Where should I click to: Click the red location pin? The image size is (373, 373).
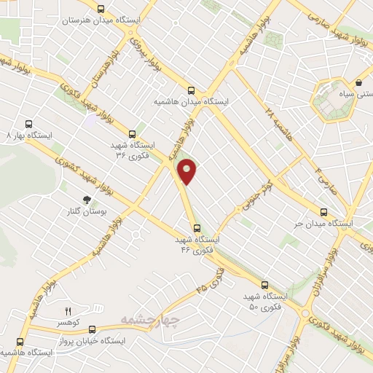click(x=187, y=170)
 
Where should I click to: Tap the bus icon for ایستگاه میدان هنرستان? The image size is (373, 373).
click(x=100, y=9)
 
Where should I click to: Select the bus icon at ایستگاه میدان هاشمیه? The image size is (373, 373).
click(x=191, y=90)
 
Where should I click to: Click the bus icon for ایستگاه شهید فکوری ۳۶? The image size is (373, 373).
click(x=132, y=134)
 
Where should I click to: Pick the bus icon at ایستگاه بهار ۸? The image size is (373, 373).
click(x=28, y=124)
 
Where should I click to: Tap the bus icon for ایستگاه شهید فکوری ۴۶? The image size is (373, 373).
click(x=198, y=228)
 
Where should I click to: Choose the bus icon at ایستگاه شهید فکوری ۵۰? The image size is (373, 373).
click(x=264, y=285)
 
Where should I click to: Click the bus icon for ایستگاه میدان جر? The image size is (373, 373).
click(x=323, y=211)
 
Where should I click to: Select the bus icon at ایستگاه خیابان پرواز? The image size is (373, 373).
click(x=92, y=329)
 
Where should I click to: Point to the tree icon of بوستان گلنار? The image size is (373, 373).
click(x=87, y=199)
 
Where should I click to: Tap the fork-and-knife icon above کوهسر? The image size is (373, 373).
click(x=68, y=311)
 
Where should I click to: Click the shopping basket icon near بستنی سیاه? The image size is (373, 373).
click(x=361, y=82)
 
